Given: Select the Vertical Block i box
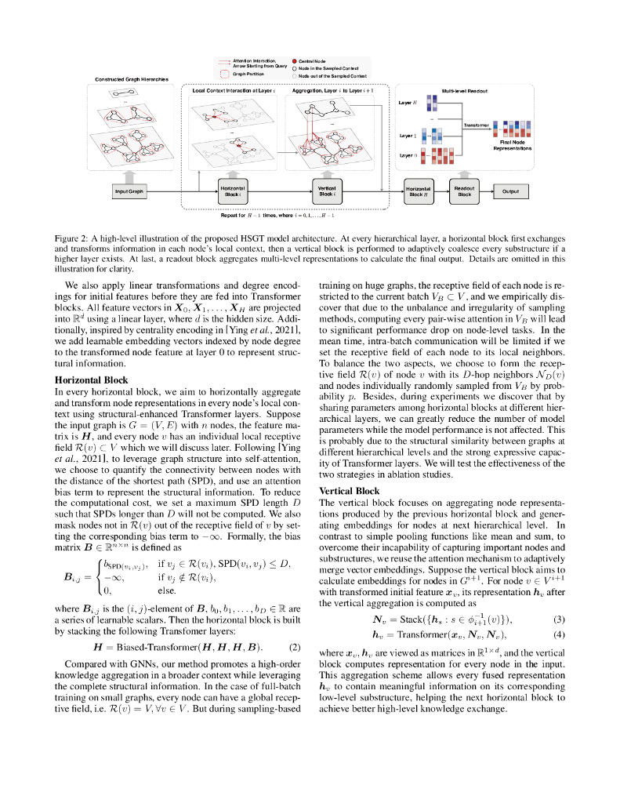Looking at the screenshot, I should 326,191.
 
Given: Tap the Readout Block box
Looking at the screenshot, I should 465,191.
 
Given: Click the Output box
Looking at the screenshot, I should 510,191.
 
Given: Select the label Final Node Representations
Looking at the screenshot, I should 515,145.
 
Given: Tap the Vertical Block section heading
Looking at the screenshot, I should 348,490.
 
